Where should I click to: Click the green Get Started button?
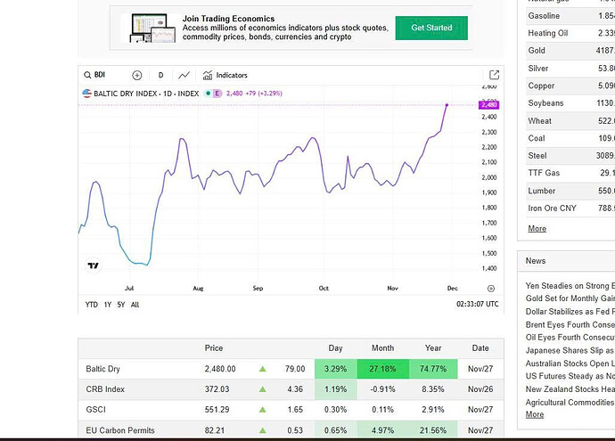(431, 28)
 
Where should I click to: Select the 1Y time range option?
(108, 305)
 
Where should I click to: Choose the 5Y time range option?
(121, 305)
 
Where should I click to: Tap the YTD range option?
(92, 305)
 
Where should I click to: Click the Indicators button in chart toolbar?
(225, 76)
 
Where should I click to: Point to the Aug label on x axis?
(198, 289)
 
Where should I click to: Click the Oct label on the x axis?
(324, 289)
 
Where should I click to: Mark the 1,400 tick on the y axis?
(488, 268)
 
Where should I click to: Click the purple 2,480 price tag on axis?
(489, 105)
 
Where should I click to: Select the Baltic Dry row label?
(102, 369)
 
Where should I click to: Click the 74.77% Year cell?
(433, 369)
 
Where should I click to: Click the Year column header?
(433, 348)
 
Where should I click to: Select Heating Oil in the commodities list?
(547, 34)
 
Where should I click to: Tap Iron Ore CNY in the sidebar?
(552, 208)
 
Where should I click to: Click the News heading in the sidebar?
(536, 261)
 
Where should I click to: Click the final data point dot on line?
(447, 105)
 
